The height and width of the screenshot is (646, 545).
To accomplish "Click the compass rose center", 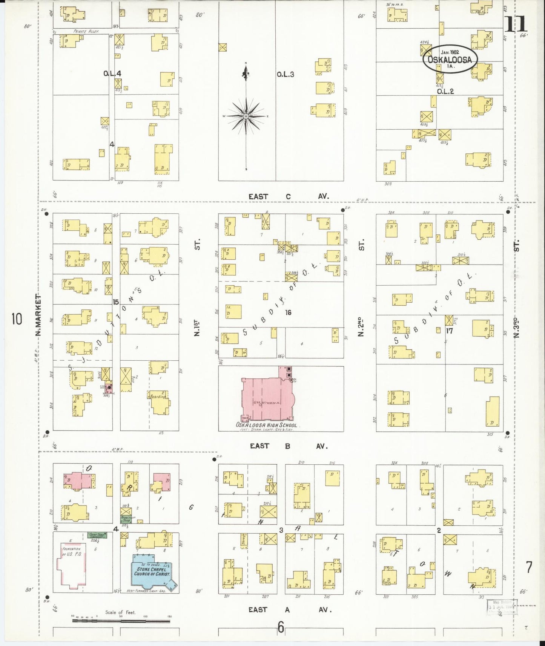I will point(246,116).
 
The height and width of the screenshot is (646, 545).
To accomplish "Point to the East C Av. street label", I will point(288,196).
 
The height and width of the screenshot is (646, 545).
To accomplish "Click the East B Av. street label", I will point(288,446).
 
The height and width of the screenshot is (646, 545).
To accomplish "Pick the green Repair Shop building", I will point(126,519).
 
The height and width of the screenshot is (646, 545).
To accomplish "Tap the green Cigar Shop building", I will point(96,535).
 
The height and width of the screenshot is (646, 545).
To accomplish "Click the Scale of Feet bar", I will point(121,621).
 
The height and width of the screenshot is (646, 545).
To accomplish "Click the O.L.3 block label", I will point(285,74).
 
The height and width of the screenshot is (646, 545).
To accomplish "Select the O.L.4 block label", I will point(112,74).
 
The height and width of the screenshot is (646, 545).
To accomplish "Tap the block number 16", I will point(288,312).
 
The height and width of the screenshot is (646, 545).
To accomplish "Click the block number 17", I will point(449,331).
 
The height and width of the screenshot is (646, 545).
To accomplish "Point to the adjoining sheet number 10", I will point(17,319).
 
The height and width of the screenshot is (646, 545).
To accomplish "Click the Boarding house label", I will point(158,396).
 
